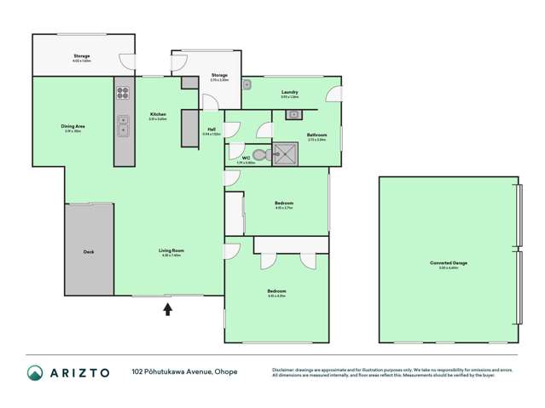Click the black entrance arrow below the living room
coord(167,309)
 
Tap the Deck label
coord(89,251)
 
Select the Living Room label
coord(171,250)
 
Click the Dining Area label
coord(72,126)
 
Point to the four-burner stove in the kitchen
coord(123,94)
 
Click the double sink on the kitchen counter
coord(123,126)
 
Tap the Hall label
coord(211,129)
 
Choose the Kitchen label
coord(158,114)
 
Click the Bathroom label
coord(316,134)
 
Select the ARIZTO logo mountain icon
coord(36,372)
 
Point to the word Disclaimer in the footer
coord(285,370)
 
